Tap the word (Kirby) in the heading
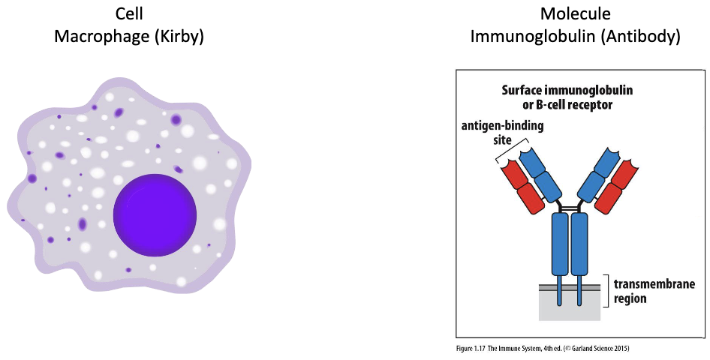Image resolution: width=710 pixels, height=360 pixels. [x=179, y=35]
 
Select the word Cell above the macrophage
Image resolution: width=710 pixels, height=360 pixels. [x=130, y=14]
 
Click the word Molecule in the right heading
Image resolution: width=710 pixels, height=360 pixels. [x=575, y=14]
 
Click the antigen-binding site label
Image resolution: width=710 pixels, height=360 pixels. [x=503, y=132]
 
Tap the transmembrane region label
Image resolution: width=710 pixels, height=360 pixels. [x=654, y=291]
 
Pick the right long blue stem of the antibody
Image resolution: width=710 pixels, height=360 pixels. [x=579, y=244]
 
